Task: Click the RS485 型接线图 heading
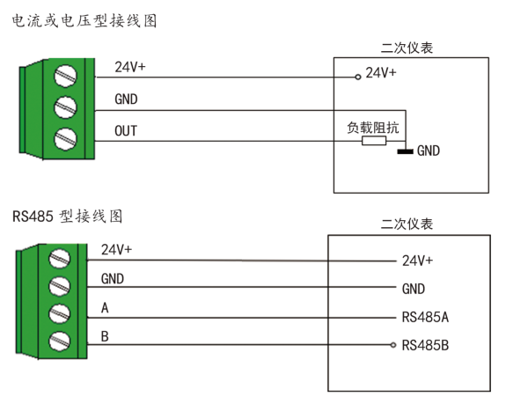click(x=67, y=216)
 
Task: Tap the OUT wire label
click(x=126, y=131)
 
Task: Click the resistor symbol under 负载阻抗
click(x=373, y=140)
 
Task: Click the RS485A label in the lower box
click(x=425, y=317)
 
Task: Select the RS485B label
click(x=425, y=346)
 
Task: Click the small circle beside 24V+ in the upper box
click(x=357, y=77)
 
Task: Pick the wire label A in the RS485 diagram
click(x=106, y=308)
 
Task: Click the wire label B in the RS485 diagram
click(x=106, y=336)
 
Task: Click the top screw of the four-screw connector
click(x=60, y=258)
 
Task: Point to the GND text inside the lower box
click(x=414, y=289)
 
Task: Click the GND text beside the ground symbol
click(x=429, y=151)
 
